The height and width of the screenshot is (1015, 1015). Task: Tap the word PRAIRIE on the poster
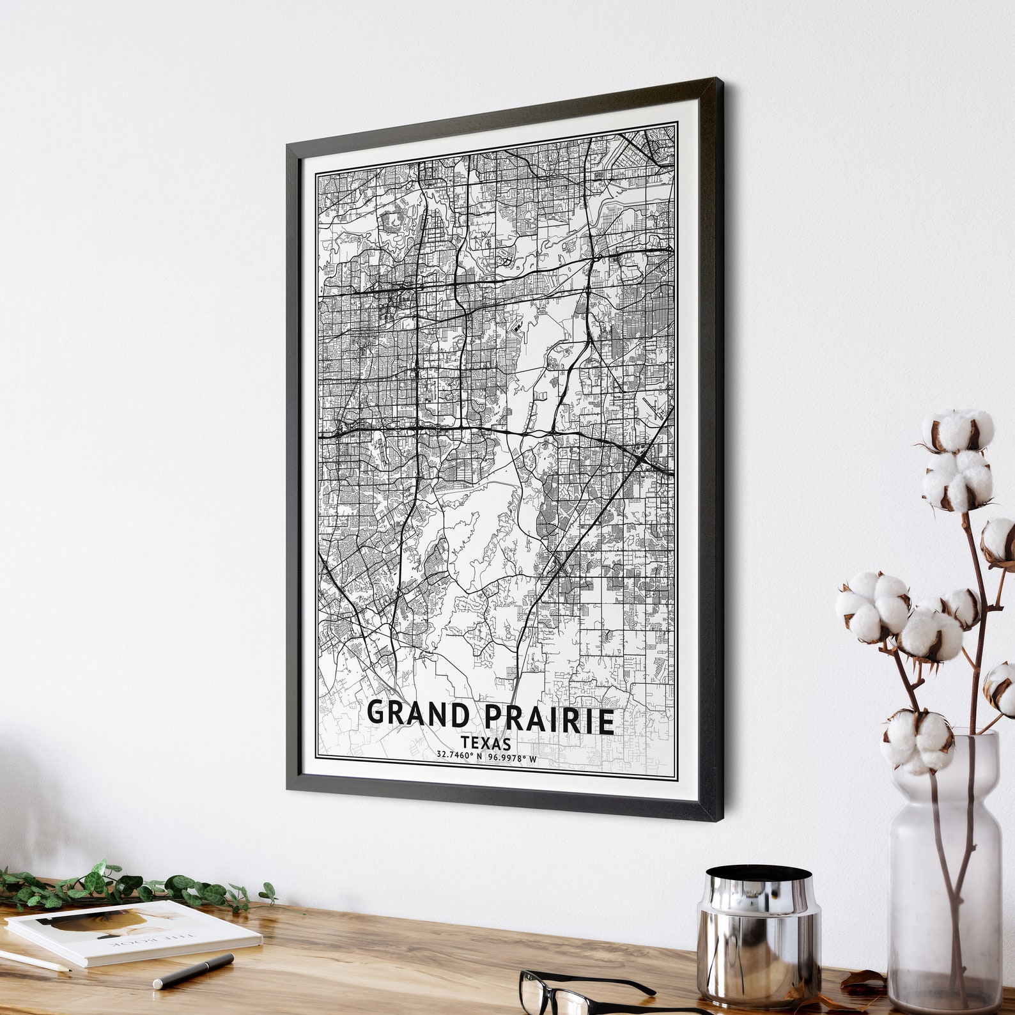pos(549,719)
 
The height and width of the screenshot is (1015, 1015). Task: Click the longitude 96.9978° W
pos(512,758)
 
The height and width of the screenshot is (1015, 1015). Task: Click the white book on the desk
pos(134,933)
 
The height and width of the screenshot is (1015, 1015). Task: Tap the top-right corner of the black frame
pos(722,81)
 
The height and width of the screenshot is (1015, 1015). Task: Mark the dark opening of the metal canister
pos(758,873)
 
